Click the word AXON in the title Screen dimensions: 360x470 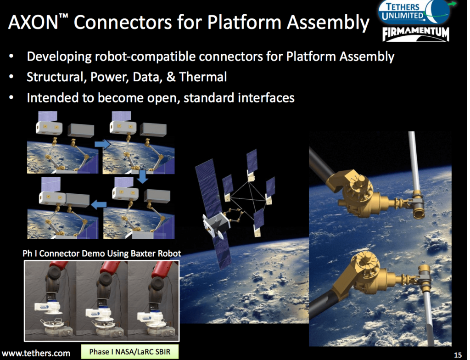pos(34,22)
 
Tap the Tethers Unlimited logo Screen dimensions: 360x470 pos(407,12)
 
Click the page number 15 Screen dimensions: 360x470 pos(457,354)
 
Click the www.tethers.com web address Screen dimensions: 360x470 pos(36,353)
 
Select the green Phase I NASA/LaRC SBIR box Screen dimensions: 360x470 pos(129,352)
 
